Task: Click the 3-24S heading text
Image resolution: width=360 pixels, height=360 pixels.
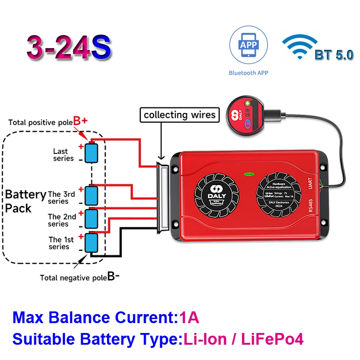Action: click(x=68, y=48)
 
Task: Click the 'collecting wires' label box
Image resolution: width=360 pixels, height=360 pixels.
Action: click(x=180, y=115)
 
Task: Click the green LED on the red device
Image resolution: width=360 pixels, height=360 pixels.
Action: click(x=247, y=172)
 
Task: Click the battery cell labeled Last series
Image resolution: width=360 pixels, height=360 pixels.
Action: click(x=92, y=153)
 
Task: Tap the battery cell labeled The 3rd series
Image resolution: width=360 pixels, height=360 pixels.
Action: click(x=91, y=194)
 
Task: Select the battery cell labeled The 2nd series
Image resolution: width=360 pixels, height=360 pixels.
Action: click(x=91, y=218)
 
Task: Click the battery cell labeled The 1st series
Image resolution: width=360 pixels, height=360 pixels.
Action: click(x=91, y=242)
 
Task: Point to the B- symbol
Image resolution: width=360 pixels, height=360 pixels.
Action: click(x=113, y=276)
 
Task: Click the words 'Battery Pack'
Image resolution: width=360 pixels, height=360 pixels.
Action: click(x=25, y=201)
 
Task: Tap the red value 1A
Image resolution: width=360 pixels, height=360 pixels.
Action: click(x=189, y=318)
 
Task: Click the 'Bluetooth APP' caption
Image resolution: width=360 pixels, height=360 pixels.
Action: click(x=248, y=73)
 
